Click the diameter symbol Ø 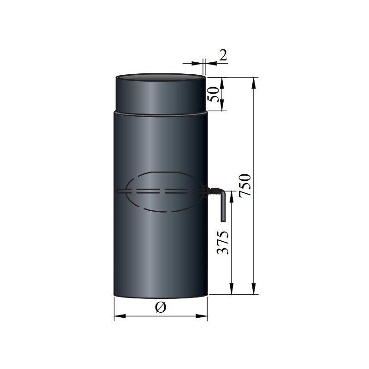161,308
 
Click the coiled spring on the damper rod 213,190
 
